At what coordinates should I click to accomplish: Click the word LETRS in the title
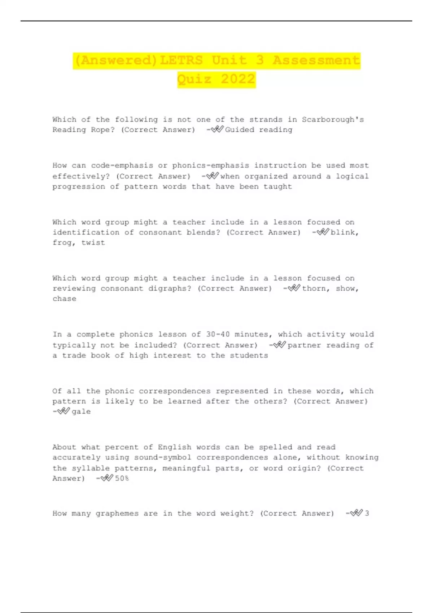(x=181, y=60)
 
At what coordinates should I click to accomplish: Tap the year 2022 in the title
(x=238, y=79)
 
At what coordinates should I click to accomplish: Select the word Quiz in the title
(x=194, y=79)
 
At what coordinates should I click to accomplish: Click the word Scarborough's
(x=333, y=120)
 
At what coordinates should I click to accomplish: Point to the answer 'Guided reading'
(x=258, y=130)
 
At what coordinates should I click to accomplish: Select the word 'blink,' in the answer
(x=345, y=233)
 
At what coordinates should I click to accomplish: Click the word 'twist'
(x=93, y=243)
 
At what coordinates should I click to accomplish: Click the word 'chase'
(x=64, y=299)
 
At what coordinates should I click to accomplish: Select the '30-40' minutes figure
(x=218, y=335)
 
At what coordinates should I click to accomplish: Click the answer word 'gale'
(x=81, y=412)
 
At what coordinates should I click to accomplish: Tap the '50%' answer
(x=122, y=479)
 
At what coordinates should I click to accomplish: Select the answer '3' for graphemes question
(x=367, y=513)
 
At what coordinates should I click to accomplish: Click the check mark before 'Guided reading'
(x=217, y=129)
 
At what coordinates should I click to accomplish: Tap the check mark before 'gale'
(x=64, y=411)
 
